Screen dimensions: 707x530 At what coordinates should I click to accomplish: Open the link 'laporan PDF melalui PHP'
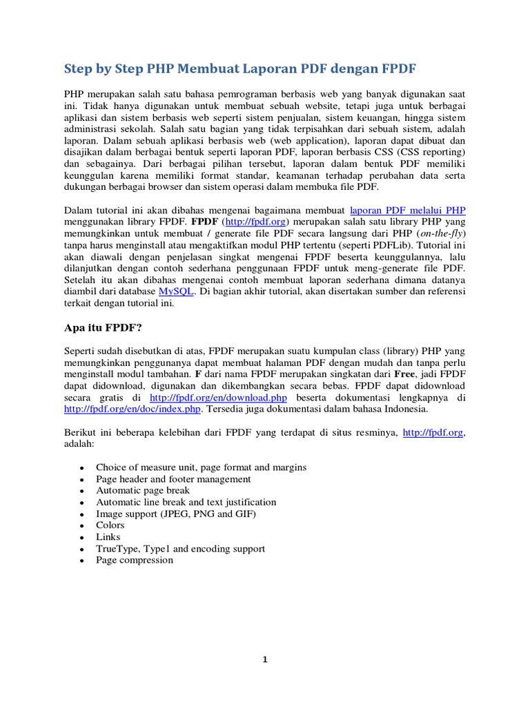pos(413,210)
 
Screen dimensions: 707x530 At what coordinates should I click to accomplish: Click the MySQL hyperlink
pos(177,291)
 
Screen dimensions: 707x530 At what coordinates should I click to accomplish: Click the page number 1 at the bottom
pos(265,660)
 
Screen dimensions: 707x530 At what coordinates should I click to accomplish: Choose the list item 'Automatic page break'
pos(142,490)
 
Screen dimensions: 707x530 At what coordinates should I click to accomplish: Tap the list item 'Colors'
pos(110,525)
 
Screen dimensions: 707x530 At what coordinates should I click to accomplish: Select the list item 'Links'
pos(108,536)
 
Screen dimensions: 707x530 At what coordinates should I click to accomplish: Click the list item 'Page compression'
pos(135,560)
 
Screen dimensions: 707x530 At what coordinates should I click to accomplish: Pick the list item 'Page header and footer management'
pos(173,478)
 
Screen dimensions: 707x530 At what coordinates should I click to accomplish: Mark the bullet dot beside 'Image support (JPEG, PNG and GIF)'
pos(82,514)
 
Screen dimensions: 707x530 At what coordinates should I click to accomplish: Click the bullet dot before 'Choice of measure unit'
pos(82,467)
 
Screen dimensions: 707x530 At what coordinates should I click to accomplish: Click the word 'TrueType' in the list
pos(117,548)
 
